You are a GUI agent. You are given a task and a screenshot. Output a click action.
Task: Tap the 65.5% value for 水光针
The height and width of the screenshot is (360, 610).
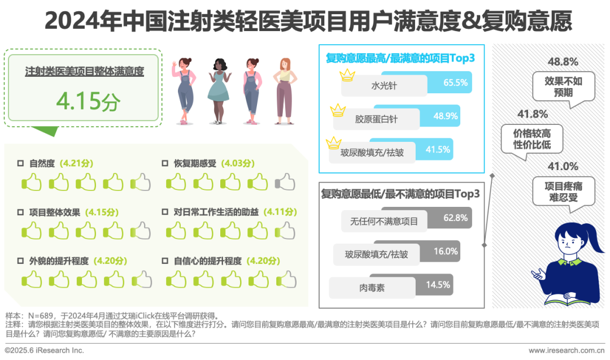[x=455, y=83]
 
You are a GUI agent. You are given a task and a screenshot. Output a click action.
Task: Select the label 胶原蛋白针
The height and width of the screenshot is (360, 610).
[x=376, y=119]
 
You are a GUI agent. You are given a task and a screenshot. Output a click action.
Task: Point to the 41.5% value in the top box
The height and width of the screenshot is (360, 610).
[x=438, y=150]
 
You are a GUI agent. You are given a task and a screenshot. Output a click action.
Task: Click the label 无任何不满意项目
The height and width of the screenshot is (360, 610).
[x=384, y=221]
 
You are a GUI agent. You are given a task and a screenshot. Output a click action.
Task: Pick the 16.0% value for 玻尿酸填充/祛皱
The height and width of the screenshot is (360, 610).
[x=445, y=251]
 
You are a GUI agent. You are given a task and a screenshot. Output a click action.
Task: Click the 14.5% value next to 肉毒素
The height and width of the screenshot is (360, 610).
[x=438, y=284]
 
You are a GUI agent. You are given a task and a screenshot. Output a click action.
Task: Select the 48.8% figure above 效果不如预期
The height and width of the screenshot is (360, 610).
[x=563, y=62]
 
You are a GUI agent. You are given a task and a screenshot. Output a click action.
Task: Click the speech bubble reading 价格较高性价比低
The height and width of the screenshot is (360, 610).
[x=531, y=138]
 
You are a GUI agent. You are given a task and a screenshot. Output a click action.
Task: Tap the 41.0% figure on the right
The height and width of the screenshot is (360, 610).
[x=563, y=166]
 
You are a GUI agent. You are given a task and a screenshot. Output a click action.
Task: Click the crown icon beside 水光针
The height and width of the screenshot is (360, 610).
[x=346, y=75]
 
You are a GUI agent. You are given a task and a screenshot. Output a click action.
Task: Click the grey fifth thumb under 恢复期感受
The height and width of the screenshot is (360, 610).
[x=285, y=183]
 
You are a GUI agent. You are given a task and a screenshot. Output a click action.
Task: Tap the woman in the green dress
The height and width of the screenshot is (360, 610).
[x=218, y=90]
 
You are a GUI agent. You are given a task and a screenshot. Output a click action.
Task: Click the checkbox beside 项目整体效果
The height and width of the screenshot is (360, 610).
[x=21, y=212]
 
